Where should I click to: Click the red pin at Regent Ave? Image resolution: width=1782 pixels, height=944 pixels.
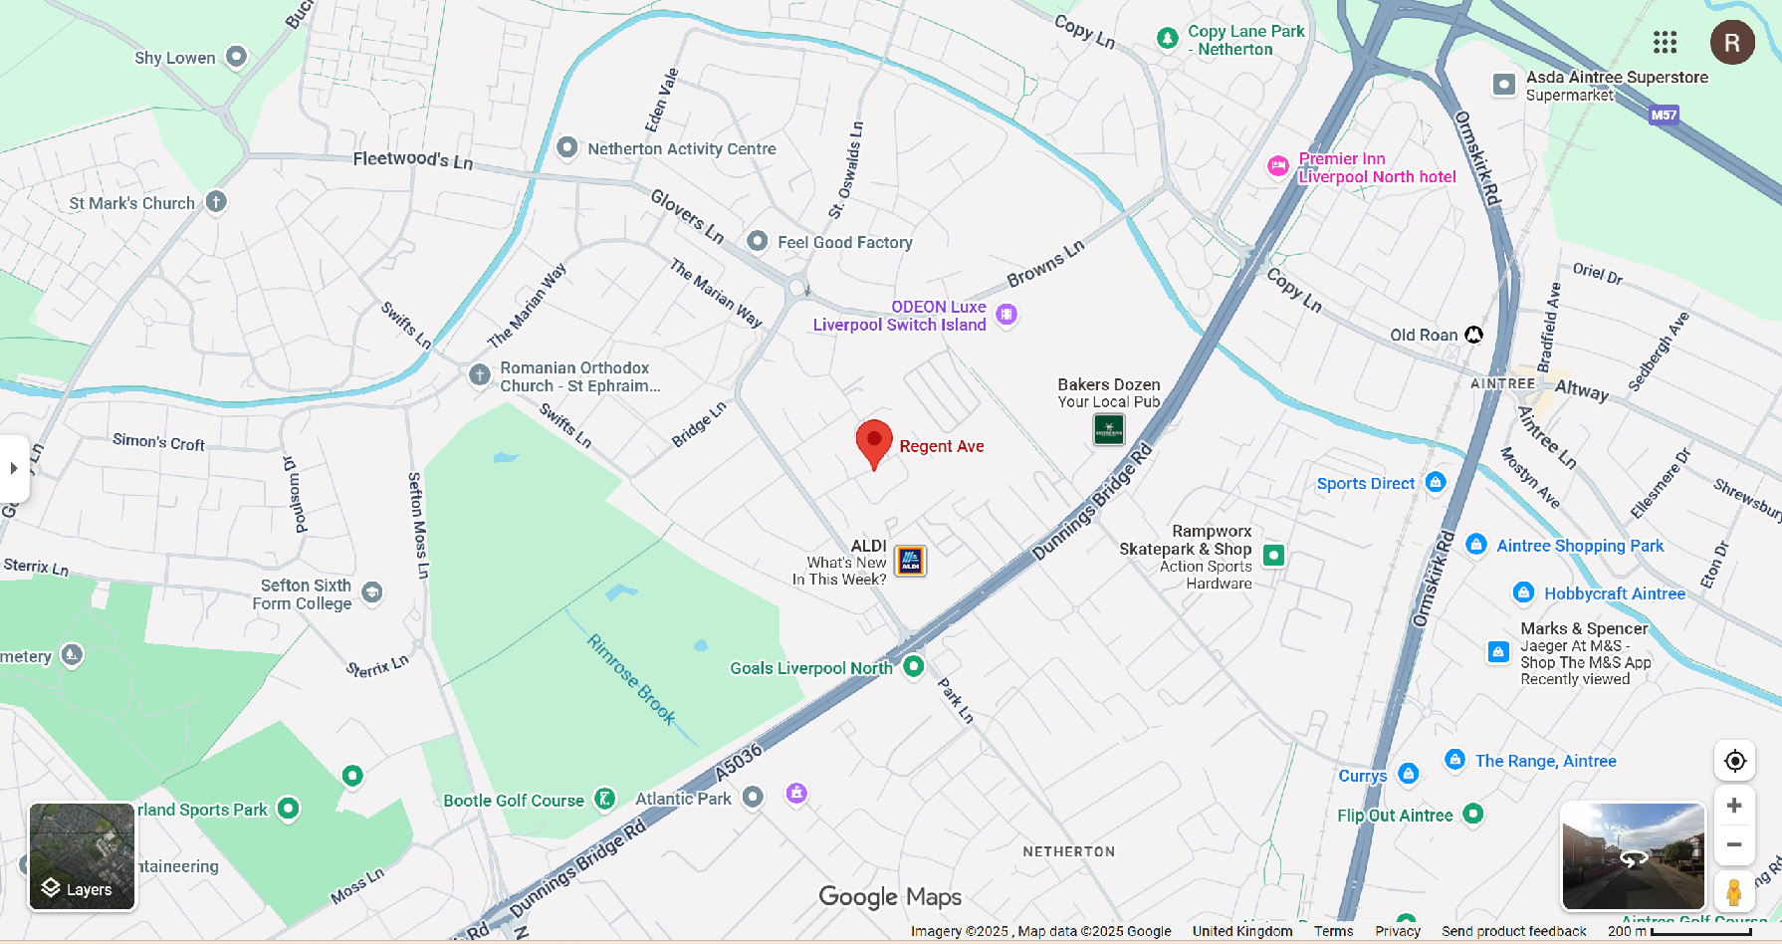874,442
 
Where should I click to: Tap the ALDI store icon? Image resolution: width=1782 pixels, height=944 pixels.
910,561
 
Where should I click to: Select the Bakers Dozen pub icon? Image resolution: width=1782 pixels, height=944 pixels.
1108,429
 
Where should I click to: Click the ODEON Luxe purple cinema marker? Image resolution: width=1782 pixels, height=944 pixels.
1006,315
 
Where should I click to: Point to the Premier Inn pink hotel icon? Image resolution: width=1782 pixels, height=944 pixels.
1278,166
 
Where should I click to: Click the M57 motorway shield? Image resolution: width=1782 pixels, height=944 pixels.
1664,115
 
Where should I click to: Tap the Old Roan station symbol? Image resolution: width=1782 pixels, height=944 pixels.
1473,335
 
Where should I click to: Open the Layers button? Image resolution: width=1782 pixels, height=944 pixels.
81,856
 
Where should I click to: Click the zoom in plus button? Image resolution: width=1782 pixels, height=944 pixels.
1734,806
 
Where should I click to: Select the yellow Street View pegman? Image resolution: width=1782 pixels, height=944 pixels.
1734,890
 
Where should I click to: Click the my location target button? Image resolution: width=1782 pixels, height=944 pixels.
1734,761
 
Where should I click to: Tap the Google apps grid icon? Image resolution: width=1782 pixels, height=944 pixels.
1665,42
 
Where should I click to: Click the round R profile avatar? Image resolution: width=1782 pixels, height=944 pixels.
1732,42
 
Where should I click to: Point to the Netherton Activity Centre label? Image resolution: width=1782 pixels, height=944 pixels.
681,148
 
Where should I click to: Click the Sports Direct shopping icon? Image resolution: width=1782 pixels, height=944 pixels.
1435,482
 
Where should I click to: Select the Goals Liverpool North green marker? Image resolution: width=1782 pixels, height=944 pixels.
913,666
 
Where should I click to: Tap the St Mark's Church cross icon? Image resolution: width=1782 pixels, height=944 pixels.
216,202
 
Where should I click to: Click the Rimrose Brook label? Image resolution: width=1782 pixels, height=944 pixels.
632,679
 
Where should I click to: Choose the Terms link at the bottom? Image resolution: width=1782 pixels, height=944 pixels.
1333,931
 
